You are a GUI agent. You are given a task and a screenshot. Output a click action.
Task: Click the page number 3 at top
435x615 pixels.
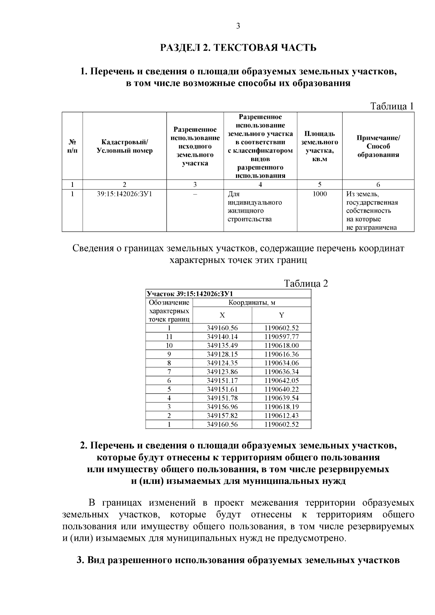click(238, 26)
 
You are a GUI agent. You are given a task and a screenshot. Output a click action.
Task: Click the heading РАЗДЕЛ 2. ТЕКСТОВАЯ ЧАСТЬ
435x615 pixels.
click(238, 48)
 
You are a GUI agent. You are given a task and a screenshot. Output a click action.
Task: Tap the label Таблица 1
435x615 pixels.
click(391, 106)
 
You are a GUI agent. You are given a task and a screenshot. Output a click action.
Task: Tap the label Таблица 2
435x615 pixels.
click(306, 283)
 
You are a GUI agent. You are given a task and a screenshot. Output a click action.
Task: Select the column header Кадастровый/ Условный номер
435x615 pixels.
click(125, 146)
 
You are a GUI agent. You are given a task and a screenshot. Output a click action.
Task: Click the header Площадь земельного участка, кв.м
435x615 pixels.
click(319, 146)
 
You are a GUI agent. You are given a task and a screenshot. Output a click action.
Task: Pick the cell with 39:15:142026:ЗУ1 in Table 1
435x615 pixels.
click(125, 194)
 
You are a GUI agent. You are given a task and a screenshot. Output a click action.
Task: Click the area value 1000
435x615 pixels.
click(319, 194)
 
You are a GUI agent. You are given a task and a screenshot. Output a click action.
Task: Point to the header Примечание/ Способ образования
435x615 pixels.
click(378, 146)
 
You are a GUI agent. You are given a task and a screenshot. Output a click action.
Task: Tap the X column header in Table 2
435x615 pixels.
click(222, 315)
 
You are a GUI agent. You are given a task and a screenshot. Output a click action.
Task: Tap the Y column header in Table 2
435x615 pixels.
click(281, 315)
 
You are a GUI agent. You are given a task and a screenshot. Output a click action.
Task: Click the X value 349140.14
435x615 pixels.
click(222, 337)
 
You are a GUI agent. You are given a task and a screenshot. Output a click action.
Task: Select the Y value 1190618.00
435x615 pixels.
click(281, 346)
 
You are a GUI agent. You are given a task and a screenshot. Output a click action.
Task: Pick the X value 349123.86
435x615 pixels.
click(222, 372)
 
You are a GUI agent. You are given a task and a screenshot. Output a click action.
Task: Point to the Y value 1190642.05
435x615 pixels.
click(281, 381)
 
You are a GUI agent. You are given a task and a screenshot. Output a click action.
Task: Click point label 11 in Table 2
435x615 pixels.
click(169, 337)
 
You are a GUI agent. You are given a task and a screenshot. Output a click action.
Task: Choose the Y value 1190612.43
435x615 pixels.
click(281, 416)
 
